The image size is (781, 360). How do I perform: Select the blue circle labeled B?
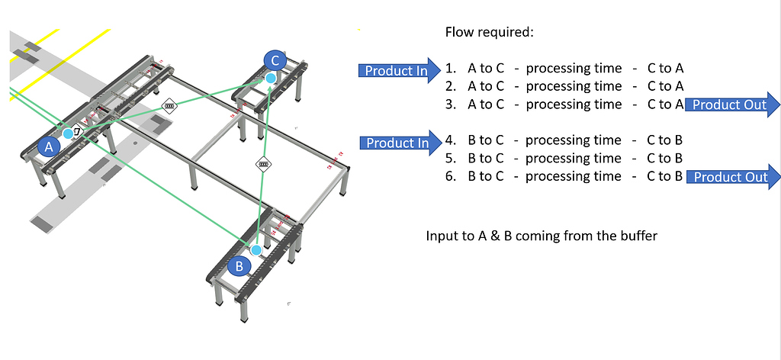tap(239, 266)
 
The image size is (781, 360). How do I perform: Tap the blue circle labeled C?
tap(275, 61)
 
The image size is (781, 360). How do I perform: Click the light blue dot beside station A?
tap(69, 133)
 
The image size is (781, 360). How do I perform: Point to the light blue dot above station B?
tap(256, 249)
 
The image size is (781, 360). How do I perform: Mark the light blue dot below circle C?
tap(271, 78)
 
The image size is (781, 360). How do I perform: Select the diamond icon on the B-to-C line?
tap(263, 163)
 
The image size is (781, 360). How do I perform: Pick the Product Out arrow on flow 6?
tap(733, 177)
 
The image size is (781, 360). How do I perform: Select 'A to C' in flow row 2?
tap(486, 86)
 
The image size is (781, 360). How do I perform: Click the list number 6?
tap(451, 176)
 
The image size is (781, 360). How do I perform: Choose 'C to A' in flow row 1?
tap(665, 68)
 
